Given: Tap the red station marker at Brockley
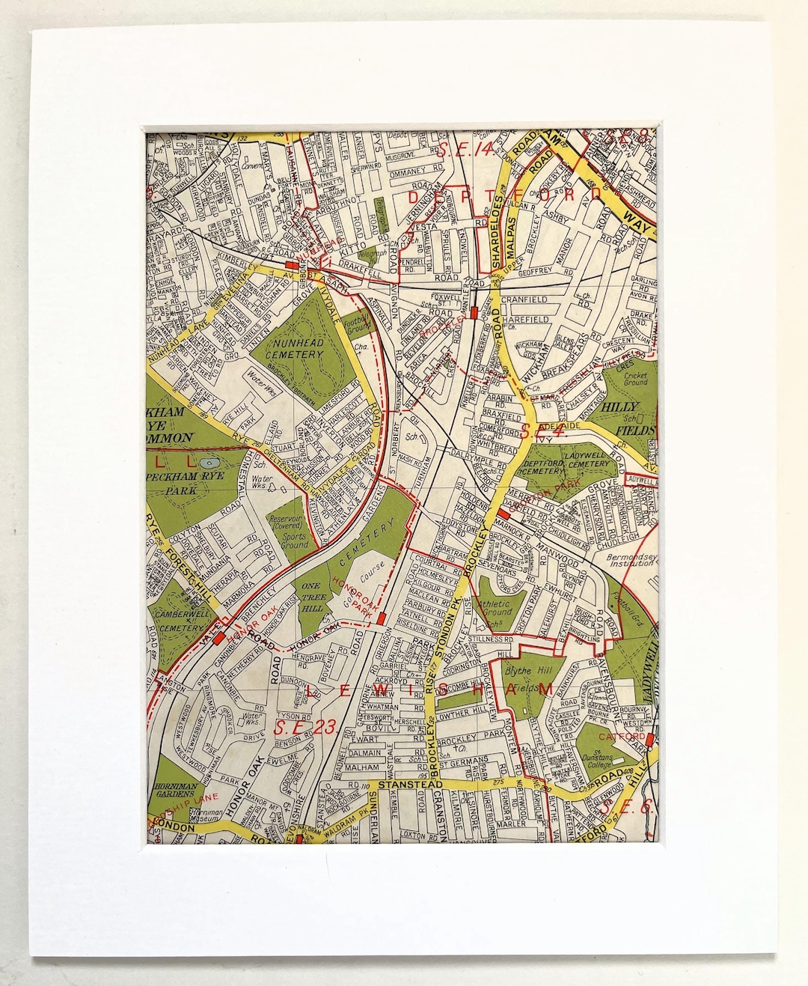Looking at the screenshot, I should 473,312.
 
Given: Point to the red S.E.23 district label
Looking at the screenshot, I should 307,725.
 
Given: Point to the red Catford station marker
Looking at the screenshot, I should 650,740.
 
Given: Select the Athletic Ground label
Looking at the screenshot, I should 494,606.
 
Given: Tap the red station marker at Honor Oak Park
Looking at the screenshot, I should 383,618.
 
